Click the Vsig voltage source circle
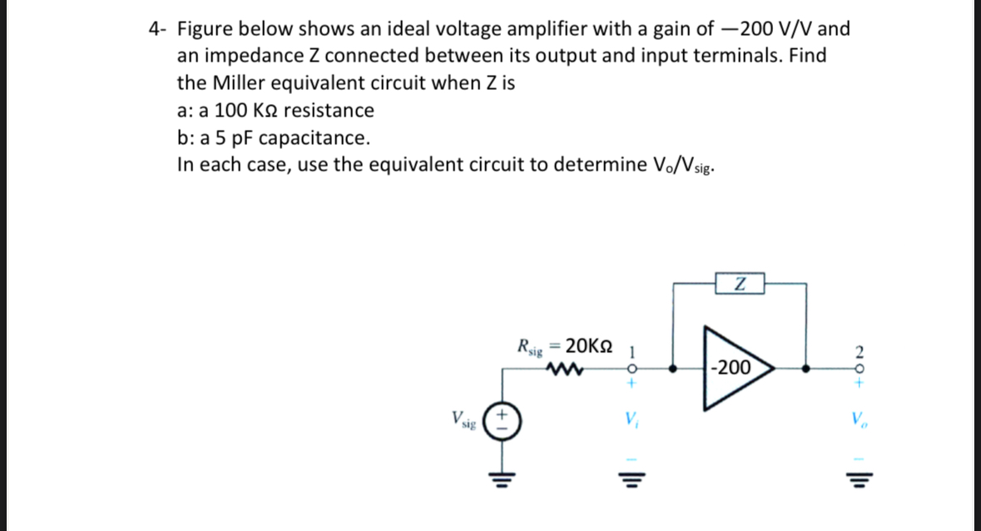coord(502,419)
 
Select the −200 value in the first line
coord(745,29)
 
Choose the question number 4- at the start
coord(158,30)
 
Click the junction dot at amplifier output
coord(804,367)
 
